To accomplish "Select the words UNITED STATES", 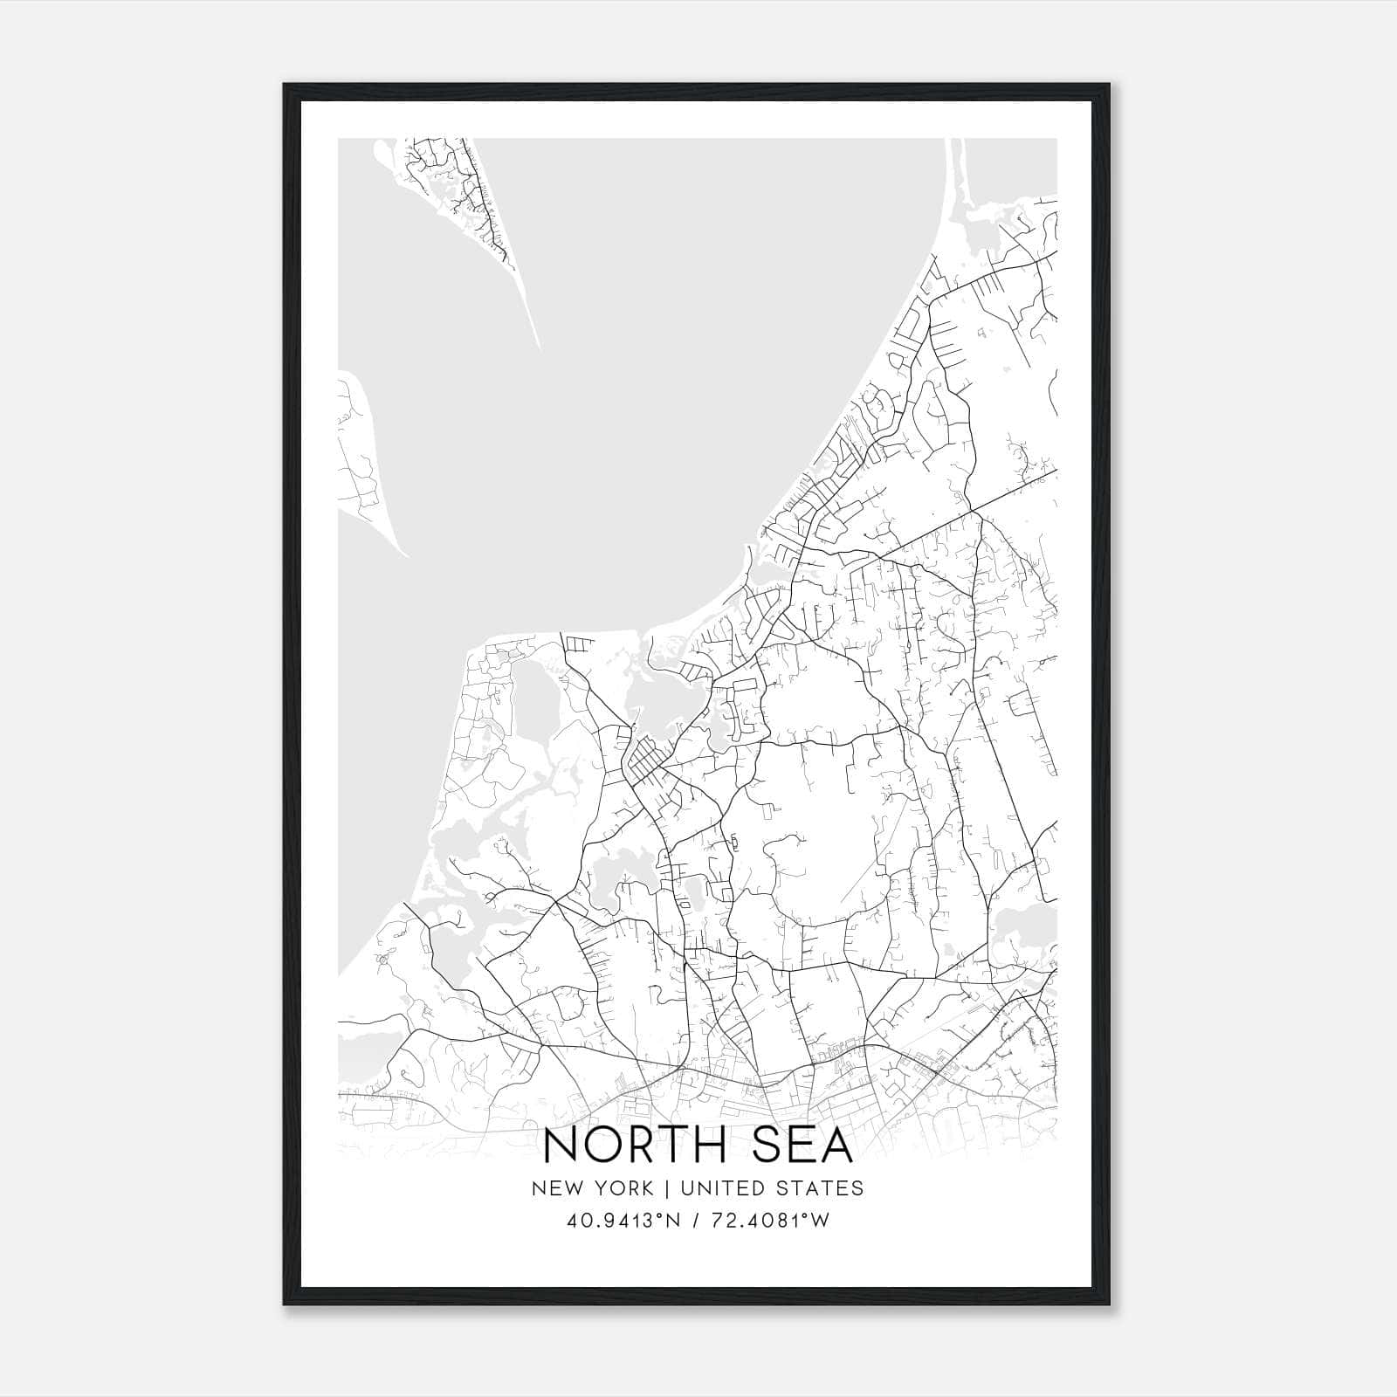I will (x=770, y=1188).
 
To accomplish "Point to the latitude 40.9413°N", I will (x=622, y=1221).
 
